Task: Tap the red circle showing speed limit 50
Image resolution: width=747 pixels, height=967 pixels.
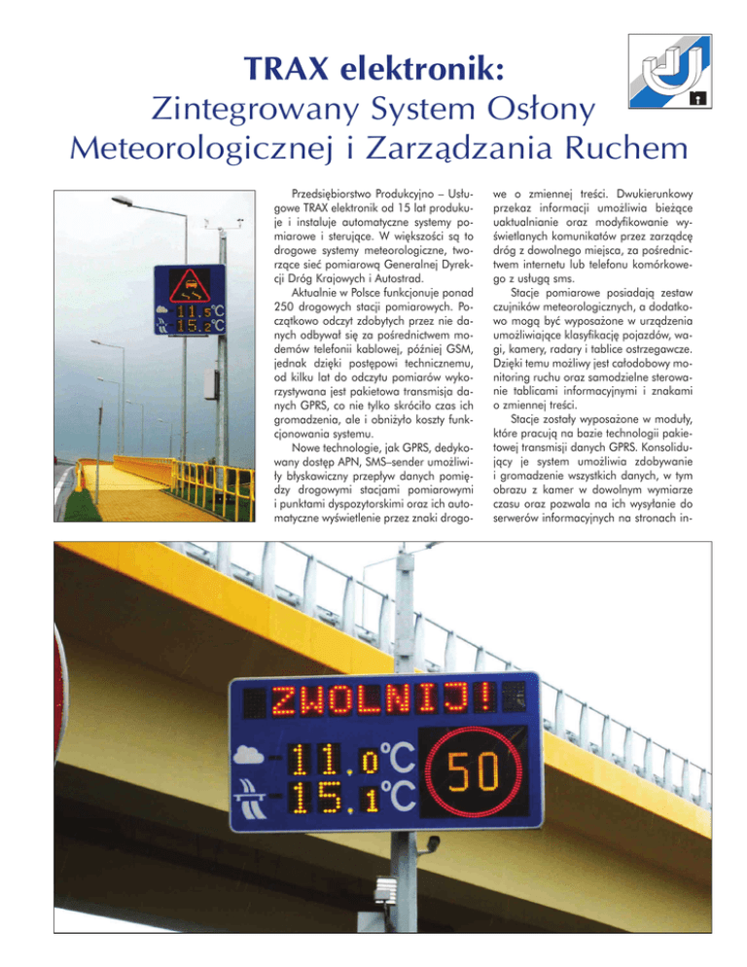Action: tap(474, 771)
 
